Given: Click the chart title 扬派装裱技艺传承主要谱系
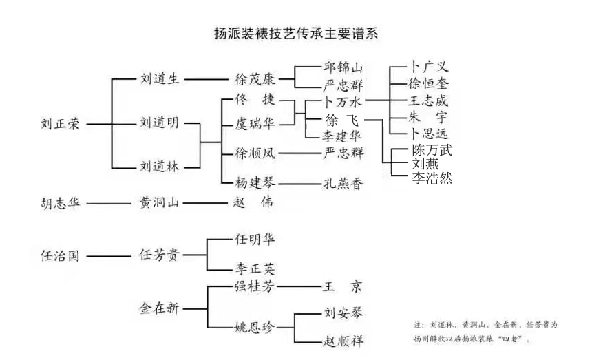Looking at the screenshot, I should [x=297, y=33].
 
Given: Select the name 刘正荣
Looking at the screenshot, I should [x=61, y=125].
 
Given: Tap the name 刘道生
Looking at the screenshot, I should [x=159, y=78].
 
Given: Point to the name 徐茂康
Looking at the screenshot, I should [x=255, y=78].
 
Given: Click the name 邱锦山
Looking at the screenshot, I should [x=343, y=68].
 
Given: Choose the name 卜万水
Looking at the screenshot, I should [x=343, y=102].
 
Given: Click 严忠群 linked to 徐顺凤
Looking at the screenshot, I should [x=343, y=153].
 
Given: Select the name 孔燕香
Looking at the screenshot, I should [x=343, y=184].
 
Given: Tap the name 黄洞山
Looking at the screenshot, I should [x=159, y=203].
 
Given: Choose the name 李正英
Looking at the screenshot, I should [x=255, y=269].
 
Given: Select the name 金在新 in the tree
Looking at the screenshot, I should [x=159, y=308].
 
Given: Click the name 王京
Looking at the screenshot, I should [x=343, y=286].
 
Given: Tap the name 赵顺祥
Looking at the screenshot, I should [x=343, y=340].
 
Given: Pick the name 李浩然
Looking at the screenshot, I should [x=432, y=178].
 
